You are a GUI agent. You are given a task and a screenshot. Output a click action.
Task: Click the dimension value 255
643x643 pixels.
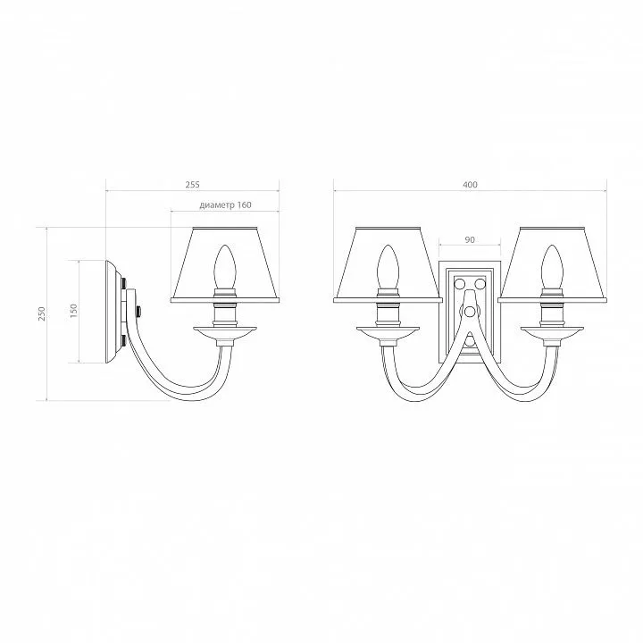pos(192,185)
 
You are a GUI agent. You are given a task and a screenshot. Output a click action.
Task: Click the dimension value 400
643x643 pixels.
pos(470,185)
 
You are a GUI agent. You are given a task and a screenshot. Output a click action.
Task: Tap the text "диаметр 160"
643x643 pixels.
pos(226,205)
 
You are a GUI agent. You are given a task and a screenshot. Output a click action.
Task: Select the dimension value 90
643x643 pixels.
pos(470,239)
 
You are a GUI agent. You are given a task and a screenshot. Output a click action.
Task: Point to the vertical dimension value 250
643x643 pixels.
pos(42,313)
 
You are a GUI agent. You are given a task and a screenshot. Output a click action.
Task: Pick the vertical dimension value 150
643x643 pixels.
pos(73,312)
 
